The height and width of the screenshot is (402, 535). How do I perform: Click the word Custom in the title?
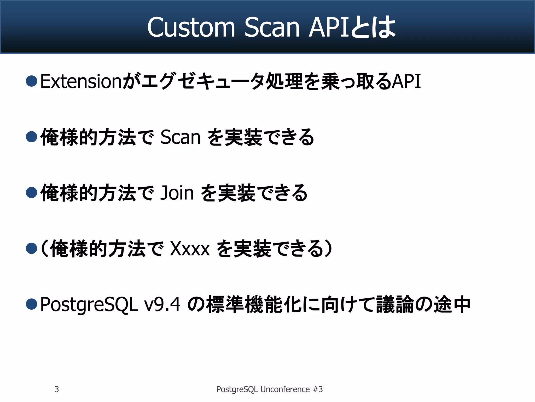(191, 27)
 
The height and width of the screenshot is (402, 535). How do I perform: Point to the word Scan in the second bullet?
(180, 137)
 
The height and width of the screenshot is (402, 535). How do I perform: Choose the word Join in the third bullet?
(177, 193)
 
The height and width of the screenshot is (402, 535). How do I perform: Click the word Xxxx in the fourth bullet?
(190, 249)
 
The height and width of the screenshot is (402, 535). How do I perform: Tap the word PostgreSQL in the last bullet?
(89, 305)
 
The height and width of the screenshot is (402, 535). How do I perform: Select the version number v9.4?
(162, 305)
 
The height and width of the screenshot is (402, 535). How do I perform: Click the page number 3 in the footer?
(57, 389)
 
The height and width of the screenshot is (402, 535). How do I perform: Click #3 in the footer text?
(318, 389)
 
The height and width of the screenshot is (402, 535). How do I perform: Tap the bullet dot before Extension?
(32, 81)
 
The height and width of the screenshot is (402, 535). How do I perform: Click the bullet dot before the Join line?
(32, 193)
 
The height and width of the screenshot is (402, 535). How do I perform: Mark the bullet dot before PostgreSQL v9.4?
(32, 304)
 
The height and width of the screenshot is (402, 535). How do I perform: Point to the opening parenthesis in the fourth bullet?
(44, 249)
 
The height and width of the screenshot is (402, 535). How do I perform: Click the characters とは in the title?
(373, 27)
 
